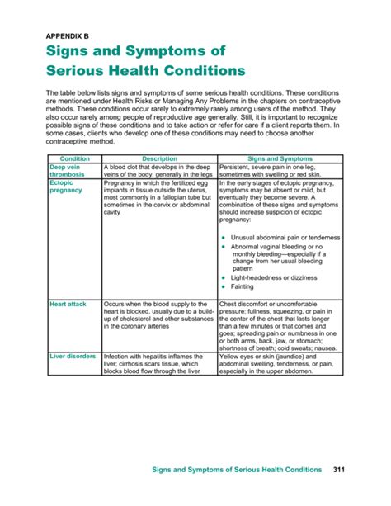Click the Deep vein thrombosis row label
point(67,170)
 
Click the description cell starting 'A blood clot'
point(158,170)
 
